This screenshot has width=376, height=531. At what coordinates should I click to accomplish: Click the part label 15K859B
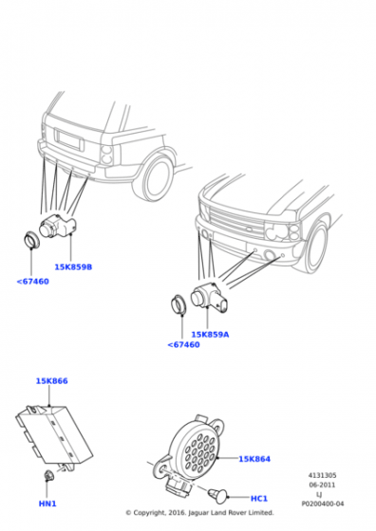tap(73, 267)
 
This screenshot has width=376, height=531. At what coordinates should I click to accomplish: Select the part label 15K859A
tap(210, 335)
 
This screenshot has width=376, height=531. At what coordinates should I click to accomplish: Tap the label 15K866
tap(52, 381)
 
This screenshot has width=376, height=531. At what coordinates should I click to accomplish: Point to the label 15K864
tap(254, 459)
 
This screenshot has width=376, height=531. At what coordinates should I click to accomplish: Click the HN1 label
tap(47, 504)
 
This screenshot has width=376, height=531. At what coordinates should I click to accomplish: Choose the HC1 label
tap(259, 499)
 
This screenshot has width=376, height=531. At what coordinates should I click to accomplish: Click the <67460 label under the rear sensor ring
tap(33, 282)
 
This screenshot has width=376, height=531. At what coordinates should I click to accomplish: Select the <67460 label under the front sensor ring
tap(183, 345)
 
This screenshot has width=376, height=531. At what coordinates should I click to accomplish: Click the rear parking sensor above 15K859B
tap(58, 226)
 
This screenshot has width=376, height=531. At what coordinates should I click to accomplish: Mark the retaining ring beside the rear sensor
tap(31, 240)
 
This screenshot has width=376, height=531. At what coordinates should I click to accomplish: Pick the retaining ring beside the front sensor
tap(179, 304)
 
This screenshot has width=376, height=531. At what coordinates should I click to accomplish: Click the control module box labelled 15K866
tap(53, 434)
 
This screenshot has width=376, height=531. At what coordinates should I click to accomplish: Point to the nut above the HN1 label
tap(48, 476)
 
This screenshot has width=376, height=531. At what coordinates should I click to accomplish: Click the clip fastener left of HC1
tap(216, 495)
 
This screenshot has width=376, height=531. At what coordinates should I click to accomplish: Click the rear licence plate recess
tap(69, 139)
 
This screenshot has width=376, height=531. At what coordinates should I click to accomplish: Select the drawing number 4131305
tap(322, 475)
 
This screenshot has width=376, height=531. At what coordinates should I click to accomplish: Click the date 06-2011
tap(322, 485)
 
